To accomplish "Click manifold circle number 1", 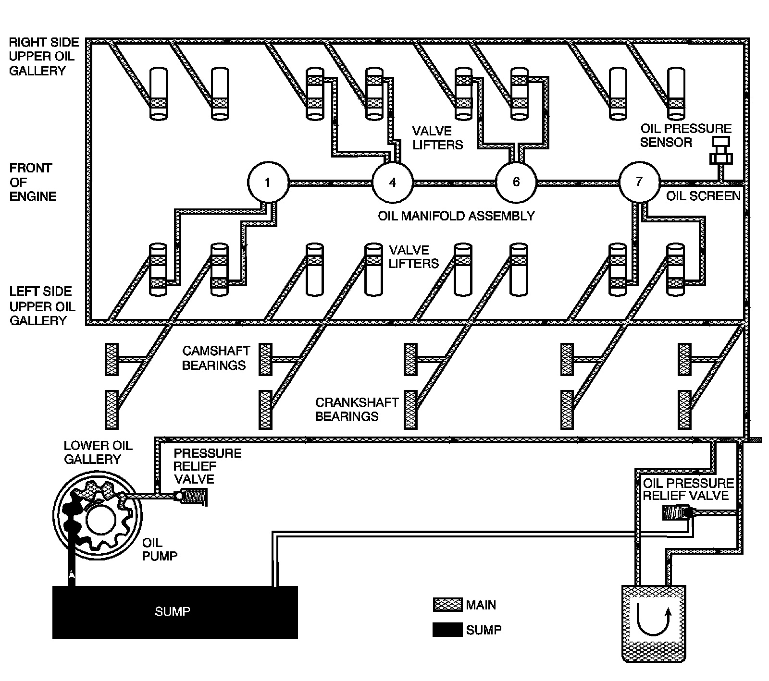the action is coord(268,182).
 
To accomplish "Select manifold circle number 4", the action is coord(393,182).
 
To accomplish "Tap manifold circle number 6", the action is coord(516,182).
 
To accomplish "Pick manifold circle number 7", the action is coord(639,182).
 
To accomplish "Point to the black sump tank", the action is coord(175,612).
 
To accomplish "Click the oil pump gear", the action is coord(101,517).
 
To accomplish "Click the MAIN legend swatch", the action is coord(447,605).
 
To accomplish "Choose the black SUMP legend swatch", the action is coord(447,630).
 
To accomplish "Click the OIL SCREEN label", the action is coord(704,196).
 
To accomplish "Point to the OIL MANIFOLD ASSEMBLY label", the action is coord(456,216).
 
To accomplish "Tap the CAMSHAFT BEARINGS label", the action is coord(216,358).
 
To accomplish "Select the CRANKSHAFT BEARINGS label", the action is coord(357,409).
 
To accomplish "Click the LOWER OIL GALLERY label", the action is coord(98,452).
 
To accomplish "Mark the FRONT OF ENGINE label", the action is coord(33,182).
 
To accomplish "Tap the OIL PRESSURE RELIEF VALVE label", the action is coord(688,489).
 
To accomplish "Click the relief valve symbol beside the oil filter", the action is coord(678,513).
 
